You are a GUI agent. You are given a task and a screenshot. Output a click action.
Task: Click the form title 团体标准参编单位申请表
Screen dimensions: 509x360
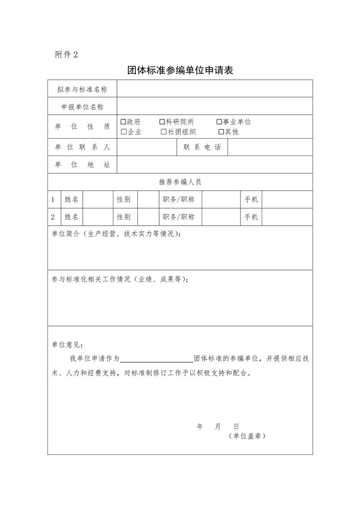tap(180, 70)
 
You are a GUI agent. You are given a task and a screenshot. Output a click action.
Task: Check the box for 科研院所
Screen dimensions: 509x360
tap(163, 122)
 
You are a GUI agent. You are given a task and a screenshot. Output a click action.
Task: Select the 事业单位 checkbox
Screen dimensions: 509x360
tap(219, 122)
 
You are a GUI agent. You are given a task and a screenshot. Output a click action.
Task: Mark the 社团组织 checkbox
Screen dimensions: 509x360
tap(164, 131)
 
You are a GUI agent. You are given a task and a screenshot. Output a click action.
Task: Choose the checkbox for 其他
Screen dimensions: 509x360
tap(221, 131)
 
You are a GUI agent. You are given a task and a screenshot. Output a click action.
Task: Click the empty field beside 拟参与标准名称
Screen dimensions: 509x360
tap(214, 89)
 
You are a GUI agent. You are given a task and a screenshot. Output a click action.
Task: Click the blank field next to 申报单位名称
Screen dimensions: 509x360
tap(214, 107)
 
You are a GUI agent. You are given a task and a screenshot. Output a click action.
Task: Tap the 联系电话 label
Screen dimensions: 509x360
tap(203, 148)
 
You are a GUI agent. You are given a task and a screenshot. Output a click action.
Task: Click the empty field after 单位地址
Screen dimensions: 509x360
tap(214, 164)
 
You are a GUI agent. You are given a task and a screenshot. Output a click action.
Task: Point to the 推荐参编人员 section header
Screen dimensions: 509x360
tap(180, 182)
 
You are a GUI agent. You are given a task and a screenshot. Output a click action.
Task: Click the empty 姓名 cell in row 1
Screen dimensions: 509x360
tap(100, 199)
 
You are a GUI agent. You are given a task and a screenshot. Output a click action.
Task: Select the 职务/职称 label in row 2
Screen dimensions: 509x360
tap(182, 217)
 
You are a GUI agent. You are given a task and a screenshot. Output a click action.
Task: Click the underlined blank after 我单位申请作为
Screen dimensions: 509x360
tap(157, 358)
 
